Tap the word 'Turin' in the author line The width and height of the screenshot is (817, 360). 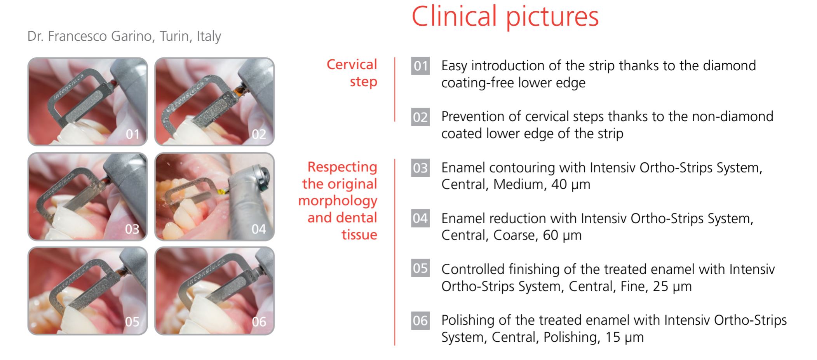pyautogui.click(x=176, y=36)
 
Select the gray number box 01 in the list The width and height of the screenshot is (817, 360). pyautogui.click(x=420, y=66)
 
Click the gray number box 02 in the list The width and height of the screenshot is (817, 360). pyautogui.click(x=420, y=117)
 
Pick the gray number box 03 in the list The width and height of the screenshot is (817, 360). pyautogui.click(x=420, y=168)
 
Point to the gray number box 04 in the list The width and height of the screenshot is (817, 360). pyautogui.click(x=420, y=219)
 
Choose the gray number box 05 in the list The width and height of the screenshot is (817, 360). pyautogui.click(x=420, y=268)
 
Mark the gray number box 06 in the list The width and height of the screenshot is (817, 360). pyautogui.click(x=420, y=320)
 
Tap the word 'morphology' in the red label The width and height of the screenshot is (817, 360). pyautogui.click(x=338, y=201)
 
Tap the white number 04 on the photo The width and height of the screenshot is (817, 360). pyautogui.click(x=259, y=229)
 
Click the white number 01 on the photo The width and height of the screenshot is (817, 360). pyautogui.click(x=132, y=134)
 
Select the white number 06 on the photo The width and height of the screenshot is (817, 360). pyautogui.click(x=259, y=322)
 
